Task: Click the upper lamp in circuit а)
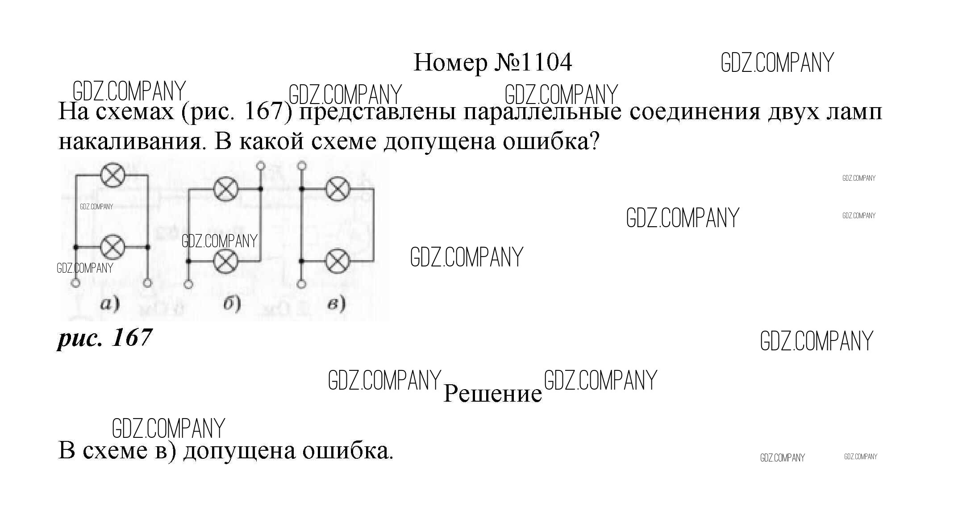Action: click(x=112, y=175)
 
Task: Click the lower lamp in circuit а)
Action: click(x=112, y=247)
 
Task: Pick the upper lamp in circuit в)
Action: click(x=339, y=190)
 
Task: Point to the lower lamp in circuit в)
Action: click(x=339, y=261)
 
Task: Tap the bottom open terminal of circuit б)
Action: click(x=188, y=284)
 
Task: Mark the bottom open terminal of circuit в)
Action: click(x=302, y=284)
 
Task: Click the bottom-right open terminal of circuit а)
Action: click(x=148, y=283)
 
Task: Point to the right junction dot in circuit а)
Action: click(x=148, y=247)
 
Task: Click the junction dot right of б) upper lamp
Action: click(x=261, y=190)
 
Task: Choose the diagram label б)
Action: click(x=232, y=304)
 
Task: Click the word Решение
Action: click(x=492, y=394)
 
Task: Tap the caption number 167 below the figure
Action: click(x=132, y=337)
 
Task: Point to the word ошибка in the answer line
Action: click(x=348, y=451)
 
